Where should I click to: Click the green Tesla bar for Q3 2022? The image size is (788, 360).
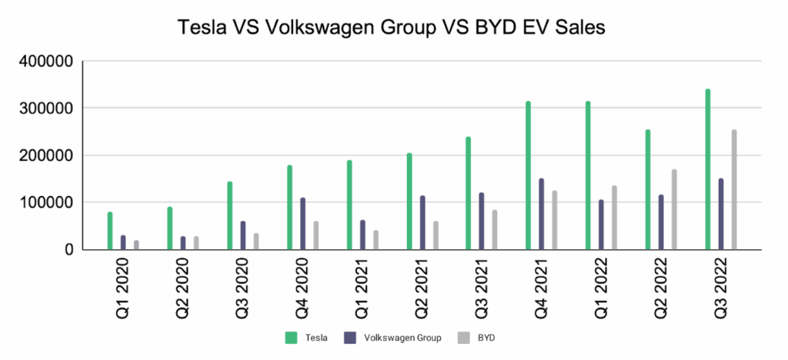coord(708,169)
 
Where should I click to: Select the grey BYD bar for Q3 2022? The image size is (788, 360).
coord(733,190)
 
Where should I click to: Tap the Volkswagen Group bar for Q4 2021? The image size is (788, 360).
coord(541,214)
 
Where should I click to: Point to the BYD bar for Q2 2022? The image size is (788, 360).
coord(674,209)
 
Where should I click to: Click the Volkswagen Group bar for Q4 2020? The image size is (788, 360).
coord(302,223)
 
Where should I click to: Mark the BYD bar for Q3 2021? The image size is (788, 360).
coord(495,229)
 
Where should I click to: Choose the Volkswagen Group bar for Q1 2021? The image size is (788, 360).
coord(362,235)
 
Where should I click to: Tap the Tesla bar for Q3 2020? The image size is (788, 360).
coord(229,215)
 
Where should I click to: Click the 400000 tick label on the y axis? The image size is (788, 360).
coord(45,62)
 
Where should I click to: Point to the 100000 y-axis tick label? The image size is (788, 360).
coord(45,203)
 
